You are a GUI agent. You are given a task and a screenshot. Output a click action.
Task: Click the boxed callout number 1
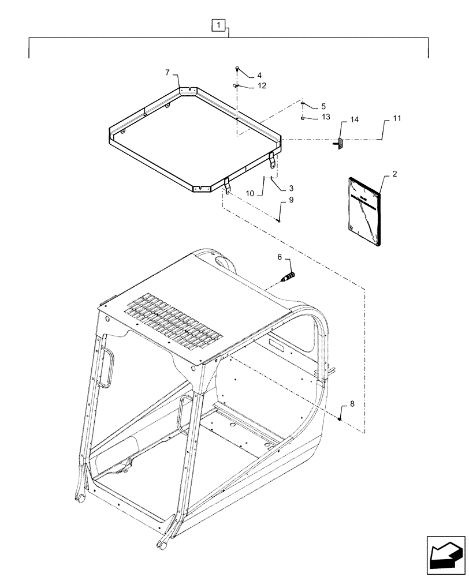217,25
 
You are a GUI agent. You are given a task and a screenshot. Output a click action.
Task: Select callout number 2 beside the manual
394,173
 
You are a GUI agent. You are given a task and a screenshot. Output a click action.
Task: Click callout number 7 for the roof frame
167,73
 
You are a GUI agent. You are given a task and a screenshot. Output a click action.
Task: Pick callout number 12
262,86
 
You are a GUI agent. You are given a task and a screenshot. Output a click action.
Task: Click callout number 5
323,106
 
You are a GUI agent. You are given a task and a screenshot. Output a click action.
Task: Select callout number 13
326,117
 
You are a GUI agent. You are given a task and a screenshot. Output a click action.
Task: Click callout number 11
396,118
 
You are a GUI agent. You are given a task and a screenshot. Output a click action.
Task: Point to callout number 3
291,188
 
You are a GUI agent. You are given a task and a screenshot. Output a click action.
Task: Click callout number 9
291,200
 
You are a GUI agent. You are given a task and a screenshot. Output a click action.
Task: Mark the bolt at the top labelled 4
237,69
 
